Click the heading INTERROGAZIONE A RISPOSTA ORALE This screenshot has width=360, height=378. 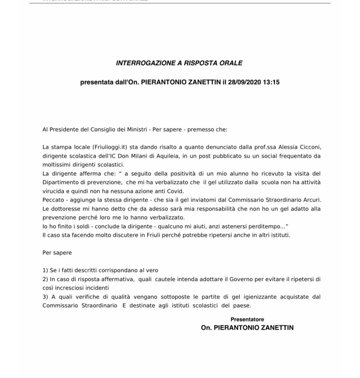179,63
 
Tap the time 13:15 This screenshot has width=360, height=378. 271,82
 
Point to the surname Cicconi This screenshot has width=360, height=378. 310,147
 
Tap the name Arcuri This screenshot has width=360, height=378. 311,200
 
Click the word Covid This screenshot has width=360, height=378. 175,191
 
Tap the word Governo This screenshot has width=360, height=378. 241,279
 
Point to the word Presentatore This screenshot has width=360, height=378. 247,319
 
